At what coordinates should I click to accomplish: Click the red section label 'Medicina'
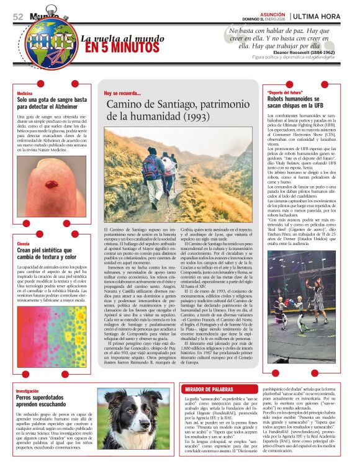click(24, 92)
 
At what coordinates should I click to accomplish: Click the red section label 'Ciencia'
click(23, 244)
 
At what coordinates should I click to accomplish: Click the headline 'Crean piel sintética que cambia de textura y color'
click(47, 254)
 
